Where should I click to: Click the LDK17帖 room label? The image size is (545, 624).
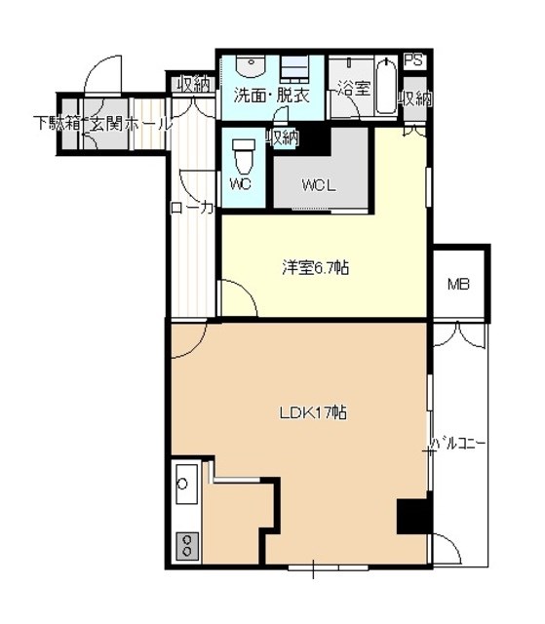313,412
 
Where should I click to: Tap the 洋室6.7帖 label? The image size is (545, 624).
316,268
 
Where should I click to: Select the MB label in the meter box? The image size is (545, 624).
458,284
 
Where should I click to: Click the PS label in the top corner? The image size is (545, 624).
414,60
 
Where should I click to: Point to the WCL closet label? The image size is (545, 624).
319,185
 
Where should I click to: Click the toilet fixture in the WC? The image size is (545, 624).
244,155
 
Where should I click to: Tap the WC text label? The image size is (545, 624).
241,184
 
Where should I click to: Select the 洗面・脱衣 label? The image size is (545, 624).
272,96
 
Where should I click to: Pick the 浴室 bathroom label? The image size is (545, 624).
354,89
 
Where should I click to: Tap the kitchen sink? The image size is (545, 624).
186,485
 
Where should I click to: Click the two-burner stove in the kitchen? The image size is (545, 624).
186,546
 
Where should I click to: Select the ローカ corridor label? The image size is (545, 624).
192,208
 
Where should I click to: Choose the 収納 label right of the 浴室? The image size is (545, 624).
416,98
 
